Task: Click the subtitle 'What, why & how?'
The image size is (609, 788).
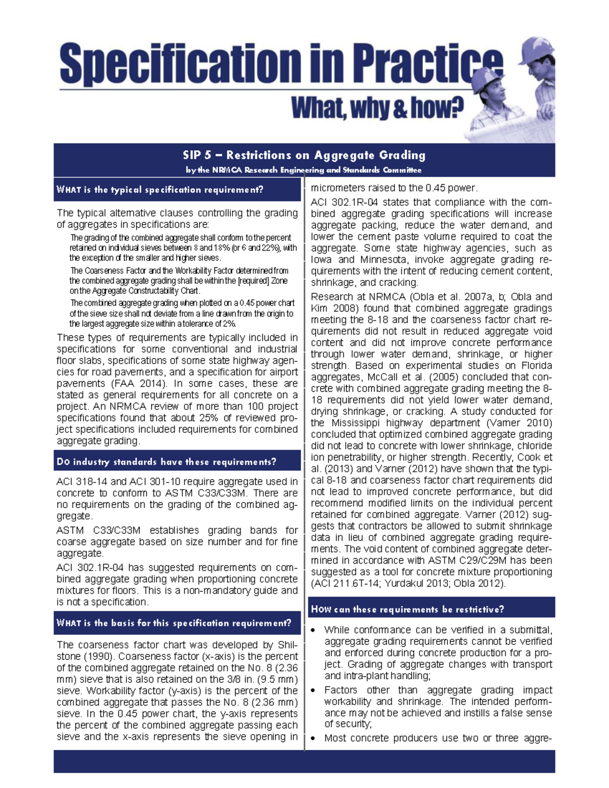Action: tap(377, 108)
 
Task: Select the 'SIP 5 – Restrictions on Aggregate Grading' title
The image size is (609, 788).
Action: tap(304, 155)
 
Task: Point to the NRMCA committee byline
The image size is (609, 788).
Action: tap(303, 170)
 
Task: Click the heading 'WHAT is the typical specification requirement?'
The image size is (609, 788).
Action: tap(160, 190)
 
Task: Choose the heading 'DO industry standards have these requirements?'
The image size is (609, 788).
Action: tap(166, 462)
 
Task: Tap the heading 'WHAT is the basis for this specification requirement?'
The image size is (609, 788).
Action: tap(174, 623)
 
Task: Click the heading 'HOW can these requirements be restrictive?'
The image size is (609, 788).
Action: tap(408, 609)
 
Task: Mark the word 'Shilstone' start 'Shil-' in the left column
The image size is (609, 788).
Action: tap(287, 645)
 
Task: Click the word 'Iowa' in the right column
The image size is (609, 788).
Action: tap(322, 260)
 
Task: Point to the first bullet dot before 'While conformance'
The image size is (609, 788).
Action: tap(314, 630)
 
